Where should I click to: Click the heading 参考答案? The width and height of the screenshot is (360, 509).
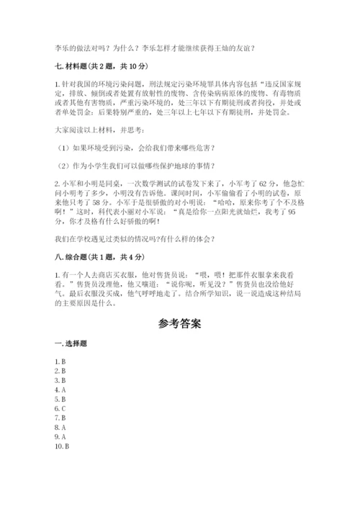point(179,323)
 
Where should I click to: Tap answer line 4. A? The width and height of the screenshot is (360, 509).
point(60,389)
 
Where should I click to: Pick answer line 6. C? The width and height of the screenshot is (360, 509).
point(60,407)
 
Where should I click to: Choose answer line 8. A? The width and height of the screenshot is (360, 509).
point(60,427)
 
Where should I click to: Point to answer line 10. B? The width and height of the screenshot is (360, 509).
point(62,446)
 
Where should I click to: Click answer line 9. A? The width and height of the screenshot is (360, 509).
point(60,436)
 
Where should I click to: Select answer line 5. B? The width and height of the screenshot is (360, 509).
point(60,398)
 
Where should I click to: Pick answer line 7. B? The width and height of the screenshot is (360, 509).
point(60,418)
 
